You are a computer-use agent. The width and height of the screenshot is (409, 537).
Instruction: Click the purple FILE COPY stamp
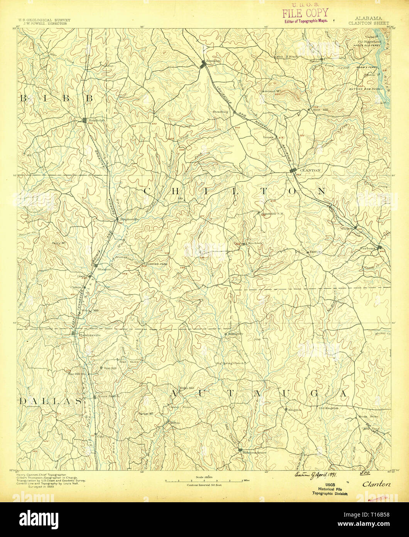point(305,13)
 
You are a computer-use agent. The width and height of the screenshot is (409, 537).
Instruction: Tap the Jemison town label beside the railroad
point(213,61)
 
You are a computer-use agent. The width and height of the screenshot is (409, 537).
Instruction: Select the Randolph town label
point(97,120)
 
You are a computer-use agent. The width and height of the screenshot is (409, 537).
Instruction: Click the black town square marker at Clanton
point(293,170)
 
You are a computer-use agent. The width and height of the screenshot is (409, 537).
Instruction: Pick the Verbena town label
point(368,248)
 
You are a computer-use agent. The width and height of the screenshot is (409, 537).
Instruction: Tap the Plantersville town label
point(90,335)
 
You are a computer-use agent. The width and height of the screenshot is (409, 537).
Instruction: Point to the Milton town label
point(175,423)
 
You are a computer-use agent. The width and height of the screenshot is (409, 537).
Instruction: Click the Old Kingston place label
point(328,408)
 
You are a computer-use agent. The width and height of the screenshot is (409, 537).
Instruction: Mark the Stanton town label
point(105,269)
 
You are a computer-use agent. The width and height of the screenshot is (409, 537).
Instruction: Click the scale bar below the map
point(204,481)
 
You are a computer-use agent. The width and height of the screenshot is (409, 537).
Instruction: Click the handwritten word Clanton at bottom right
point(376,484)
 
